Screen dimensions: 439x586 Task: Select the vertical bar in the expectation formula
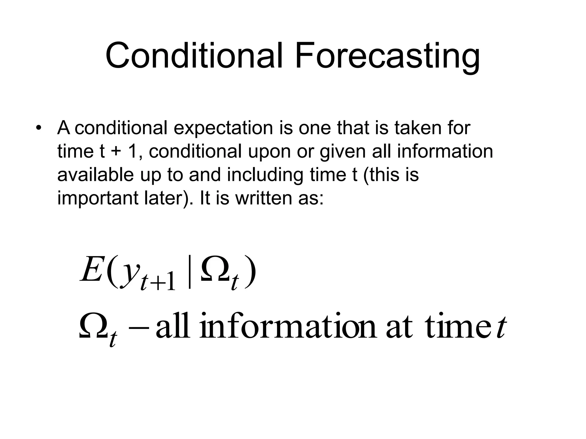(190, 273)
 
